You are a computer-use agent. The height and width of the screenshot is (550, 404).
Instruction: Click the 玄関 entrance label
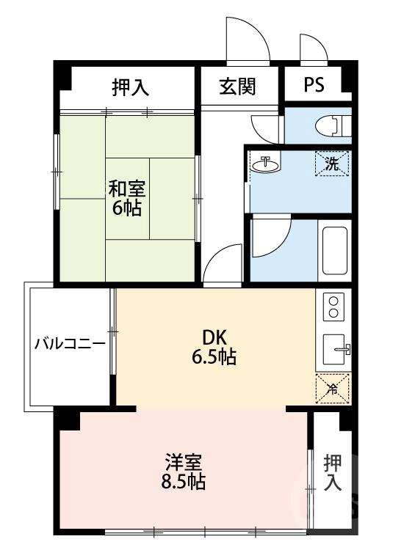pyautogui.click(x=237, y=87)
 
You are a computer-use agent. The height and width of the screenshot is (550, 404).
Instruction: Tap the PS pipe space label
pyautogui.click(x=314, y=85)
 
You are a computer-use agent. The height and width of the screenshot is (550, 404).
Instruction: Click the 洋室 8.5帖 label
pyautogui.click(x=184, y=472)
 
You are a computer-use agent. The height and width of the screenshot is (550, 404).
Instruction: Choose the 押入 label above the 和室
pyautogui.click(x=130, y=88)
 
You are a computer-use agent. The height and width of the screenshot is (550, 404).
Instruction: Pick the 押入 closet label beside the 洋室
pyautogui.click(x=333, y=472)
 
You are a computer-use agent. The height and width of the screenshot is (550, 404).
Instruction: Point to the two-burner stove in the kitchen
pyautogui.click(x=333, y=307)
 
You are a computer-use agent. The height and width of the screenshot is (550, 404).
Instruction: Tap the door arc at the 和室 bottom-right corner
pyautogui.click(x=222, y=262)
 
